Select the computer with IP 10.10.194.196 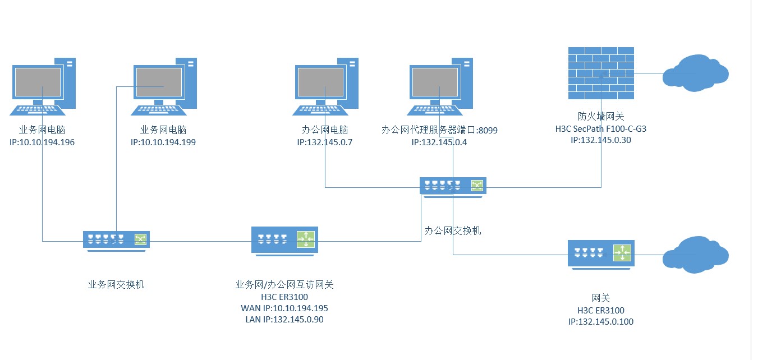(44, 85)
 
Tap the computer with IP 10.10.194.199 (165, 85)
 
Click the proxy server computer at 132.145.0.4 (441, 85)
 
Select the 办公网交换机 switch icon (453, 186)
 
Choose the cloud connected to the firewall (695, 73)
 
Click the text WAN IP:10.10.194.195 (284, 308)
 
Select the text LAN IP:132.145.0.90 (284, 320)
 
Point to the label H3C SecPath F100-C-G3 (601, 129)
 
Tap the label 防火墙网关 (601, 117)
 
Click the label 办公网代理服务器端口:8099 (439, 130)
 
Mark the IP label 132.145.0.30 (601, 140)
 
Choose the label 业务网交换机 (116, 284)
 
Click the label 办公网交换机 (453, 230)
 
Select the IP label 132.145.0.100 (601, 322)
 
